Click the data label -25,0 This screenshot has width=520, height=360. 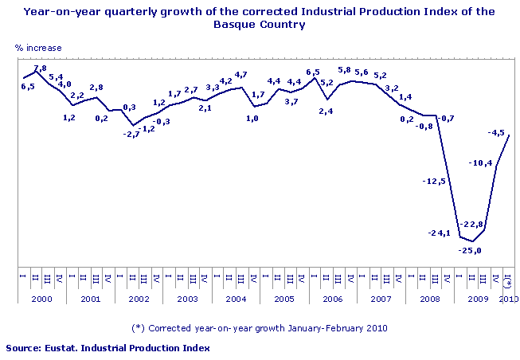coord(471,251)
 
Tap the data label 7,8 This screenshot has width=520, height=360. coord(39,68)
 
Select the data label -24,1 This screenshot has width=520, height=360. coord(440,233)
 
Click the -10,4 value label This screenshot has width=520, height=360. coord(481,163)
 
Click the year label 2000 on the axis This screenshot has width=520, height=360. coord(41,298)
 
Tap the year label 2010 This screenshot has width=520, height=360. coord(509,298)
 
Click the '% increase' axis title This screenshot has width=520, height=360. coord(38,49)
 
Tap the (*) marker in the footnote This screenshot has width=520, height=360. coord(138,327)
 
